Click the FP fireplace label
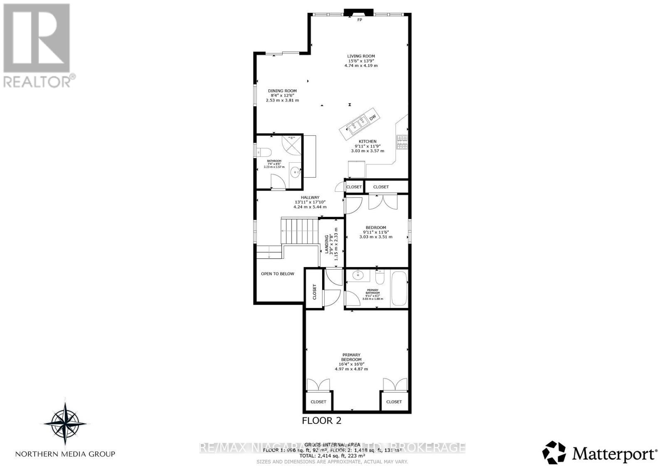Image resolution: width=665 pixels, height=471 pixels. point(360,20)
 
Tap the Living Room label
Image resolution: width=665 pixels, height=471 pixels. point(361,56)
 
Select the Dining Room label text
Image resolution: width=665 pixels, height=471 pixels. point(282,91)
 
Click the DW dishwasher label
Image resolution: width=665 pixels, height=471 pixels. point(373,118)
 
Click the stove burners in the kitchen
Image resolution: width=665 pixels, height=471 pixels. point(403,143)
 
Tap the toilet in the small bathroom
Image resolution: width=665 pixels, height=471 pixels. point(264,151)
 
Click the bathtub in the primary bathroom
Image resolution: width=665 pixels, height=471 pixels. point(399,289)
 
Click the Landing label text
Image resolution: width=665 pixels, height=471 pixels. point(327,244)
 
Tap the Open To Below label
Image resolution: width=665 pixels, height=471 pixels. point(277,274)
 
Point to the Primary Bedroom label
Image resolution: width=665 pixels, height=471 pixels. point(351,357)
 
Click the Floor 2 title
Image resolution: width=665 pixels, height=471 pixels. point(321,421)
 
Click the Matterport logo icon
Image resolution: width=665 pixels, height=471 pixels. point(554,453)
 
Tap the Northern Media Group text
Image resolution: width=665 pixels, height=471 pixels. point(65,454)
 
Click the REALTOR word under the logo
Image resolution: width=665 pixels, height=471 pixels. point(37,81)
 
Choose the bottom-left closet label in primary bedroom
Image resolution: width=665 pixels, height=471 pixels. point(318,402)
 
